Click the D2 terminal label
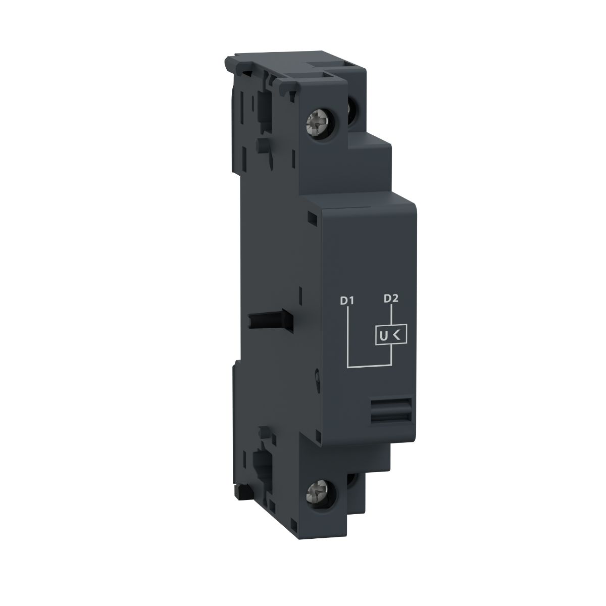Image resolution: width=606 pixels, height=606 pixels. coord(391,298)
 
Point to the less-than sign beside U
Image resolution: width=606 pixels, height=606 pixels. coord(397,334)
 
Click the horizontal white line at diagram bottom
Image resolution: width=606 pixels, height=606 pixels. coord(369,365)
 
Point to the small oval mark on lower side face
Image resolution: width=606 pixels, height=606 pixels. coord(316,377)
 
